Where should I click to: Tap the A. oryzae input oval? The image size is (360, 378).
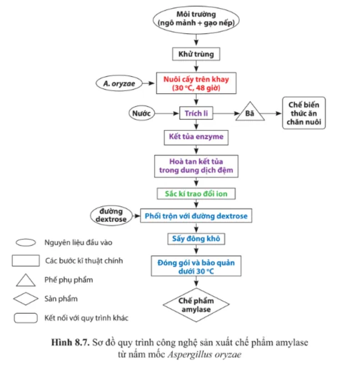[118, 83]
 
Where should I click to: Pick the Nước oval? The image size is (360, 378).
[141, 113]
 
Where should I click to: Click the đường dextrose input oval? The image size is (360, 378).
[111, 215]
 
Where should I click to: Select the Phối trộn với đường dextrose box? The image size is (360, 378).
[196, 215]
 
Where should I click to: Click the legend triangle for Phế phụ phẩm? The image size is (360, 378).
[24, 280]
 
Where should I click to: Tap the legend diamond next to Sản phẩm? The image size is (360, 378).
[24, 299]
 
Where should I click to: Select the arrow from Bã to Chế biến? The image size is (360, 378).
[273, 113]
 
